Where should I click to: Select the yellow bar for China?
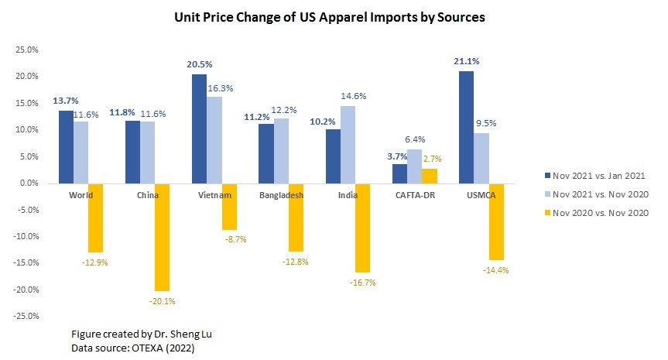tap(162, 237)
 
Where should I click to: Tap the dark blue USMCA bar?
tap(466, 127)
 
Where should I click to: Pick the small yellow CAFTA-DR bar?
tap(430, 176)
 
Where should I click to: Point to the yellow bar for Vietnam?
tap(229, 207)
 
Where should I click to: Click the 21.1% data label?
tap(465, 63)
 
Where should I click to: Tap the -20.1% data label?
tap(162, 301)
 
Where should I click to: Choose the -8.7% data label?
tap(231, 240)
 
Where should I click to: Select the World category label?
tap(81, 195)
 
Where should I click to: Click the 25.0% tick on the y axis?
tap(26, 50)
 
